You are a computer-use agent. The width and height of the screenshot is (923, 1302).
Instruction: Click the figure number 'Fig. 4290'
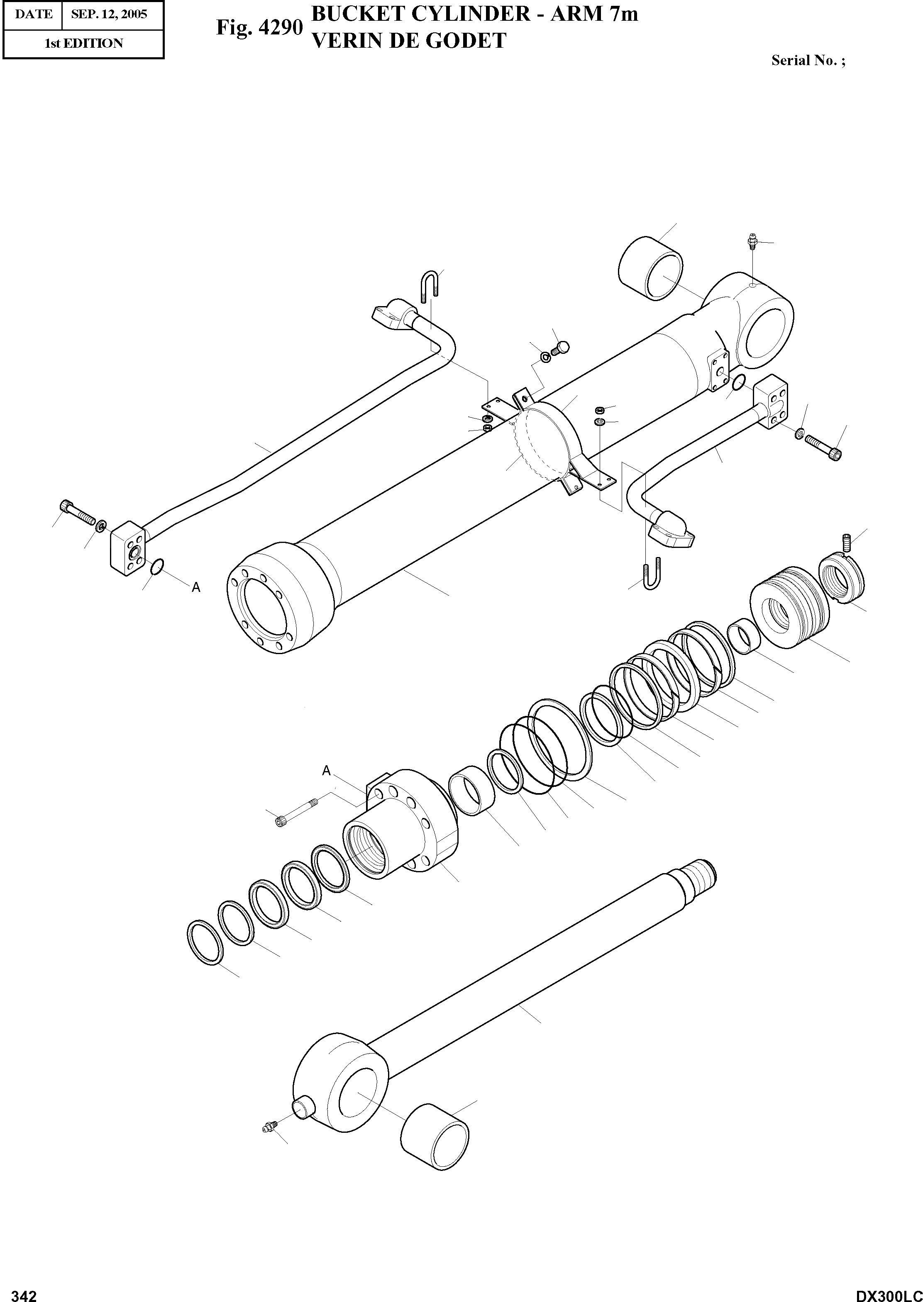pyautogui.click(x=259, y=27)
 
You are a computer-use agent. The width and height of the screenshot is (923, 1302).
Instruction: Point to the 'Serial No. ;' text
pyautogui.click(x=808, y=61)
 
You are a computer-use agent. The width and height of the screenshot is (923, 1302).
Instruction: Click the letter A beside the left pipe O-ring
pyautogui.click(x=196, y=588)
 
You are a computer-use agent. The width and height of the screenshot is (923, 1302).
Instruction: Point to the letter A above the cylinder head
pyautogui.click(x=326, y=771)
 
